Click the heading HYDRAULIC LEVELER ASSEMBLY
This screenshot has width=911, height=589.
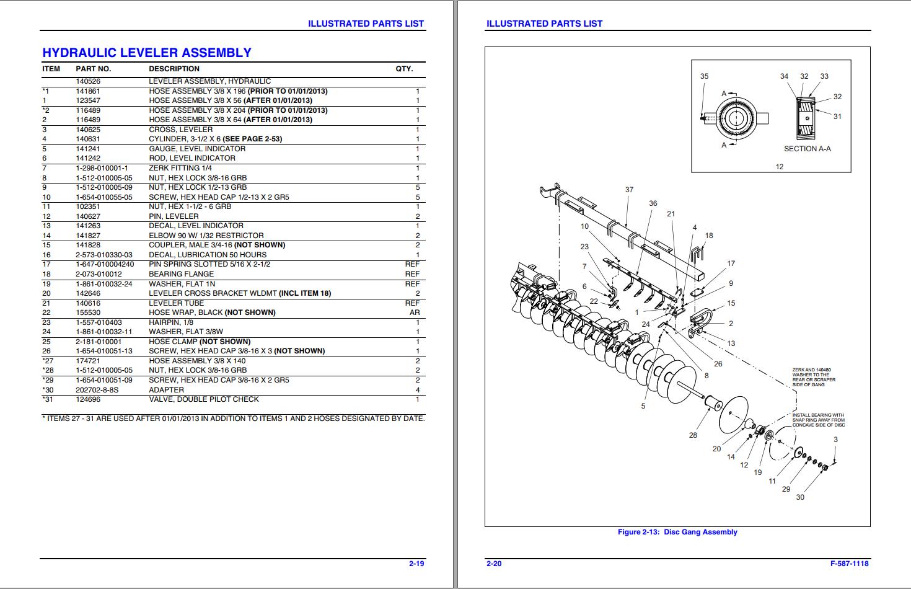coord(147,53)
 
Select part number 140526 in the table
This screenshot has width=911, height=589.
coord(88,81)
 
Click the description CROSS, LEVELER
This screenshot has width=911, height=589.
coord(180,130)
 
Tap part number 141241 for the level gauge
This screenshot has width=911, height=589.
coord(88,149)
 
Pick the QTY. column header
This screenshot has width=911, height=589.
coord(404,69)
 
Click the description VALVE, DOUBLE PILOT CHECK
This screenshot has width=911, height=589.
coord(204,399)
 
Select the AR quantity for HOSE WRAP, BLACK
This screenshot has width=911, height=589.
coord(415,312)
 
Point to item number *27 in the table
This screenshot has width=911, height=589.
coord(48,361)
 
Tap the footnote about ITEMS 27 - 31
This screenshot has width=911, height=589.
coord(233,418)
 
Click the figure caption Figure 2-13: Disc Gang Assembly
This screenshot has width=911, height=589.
coord(677,532)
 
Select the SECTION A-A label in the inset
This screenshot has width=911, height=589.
coord(807,149)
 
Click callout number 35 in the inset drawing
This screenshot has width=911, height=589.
coord(704,76)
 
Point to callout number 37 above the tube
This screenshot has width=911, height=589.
coord(629,190)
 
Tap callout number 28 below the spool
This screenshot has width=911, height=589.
coord(693,435)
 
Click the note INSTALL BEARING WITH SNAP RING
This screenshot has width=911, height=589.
coord(818,420)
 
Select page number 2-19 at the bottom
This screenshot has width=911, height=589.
coord(416,564)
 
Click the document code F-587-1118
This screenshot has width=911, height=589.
coord(849,564)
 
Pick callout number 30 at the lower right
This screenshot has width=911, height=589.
coord(799,497)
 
